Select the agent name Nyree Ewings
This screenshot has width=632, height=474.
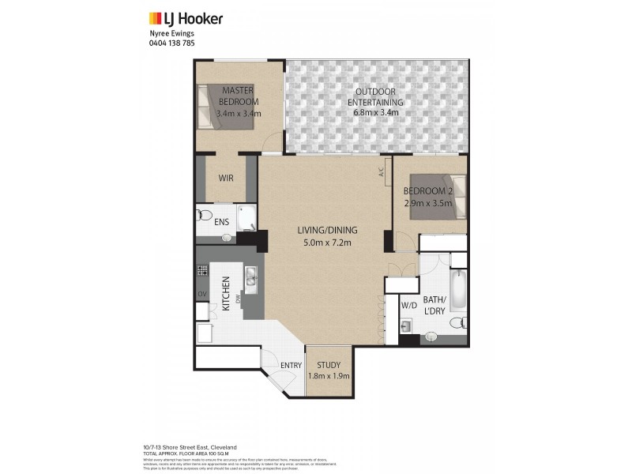tap(171, 34)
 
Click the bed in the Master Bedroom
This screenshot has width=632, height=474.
tap(211, 102)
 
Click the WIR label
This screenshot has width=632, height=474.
tap(226, 178)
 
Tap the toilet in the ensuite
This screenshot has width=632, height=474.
tap(204, 215)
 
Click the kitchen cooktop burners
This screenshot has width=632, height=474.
tap(201, 271)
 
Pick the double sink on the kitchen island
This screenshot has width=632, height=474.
tap(250, 276)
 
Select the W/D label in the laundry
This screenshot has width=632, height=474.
tap(408, 304)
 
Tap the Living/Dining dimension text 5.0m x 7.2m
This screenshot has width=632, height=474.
tap(327, 242)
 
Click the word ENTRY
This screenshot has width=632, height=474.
tap(291, 365)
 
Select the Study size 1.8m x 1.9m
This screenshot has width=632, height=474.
tap(327, 376)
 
